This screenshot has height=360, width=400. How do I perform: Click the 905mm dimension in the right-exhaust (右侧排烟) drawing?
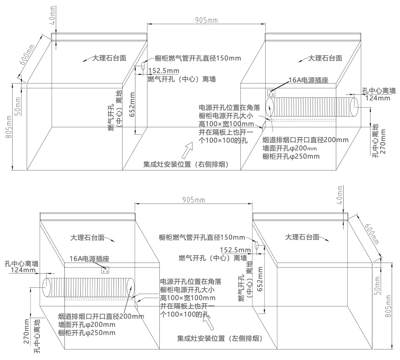(206, 20)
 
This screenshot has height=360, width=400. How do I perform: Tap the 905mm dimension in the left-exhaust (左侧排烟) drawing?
(193, 199)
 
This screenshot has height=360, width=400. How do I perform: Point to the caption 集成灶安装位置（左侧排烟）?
(220, 339)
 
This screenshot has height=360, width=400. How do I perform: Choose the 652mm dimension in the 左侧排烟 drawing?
(260, 281)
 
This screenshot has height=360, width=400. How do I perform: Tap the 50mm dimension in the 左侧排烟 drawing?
(377, 285)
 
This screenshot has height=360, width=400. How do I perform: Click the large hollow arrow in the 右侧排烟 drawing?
(187, 151)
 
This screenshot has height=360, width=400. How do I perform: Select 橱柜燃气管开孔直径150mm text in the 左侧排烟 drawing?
(202, 237)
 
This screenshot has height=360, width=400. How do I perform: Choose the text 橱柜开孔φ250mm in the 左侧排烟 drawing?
(87, 332)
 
